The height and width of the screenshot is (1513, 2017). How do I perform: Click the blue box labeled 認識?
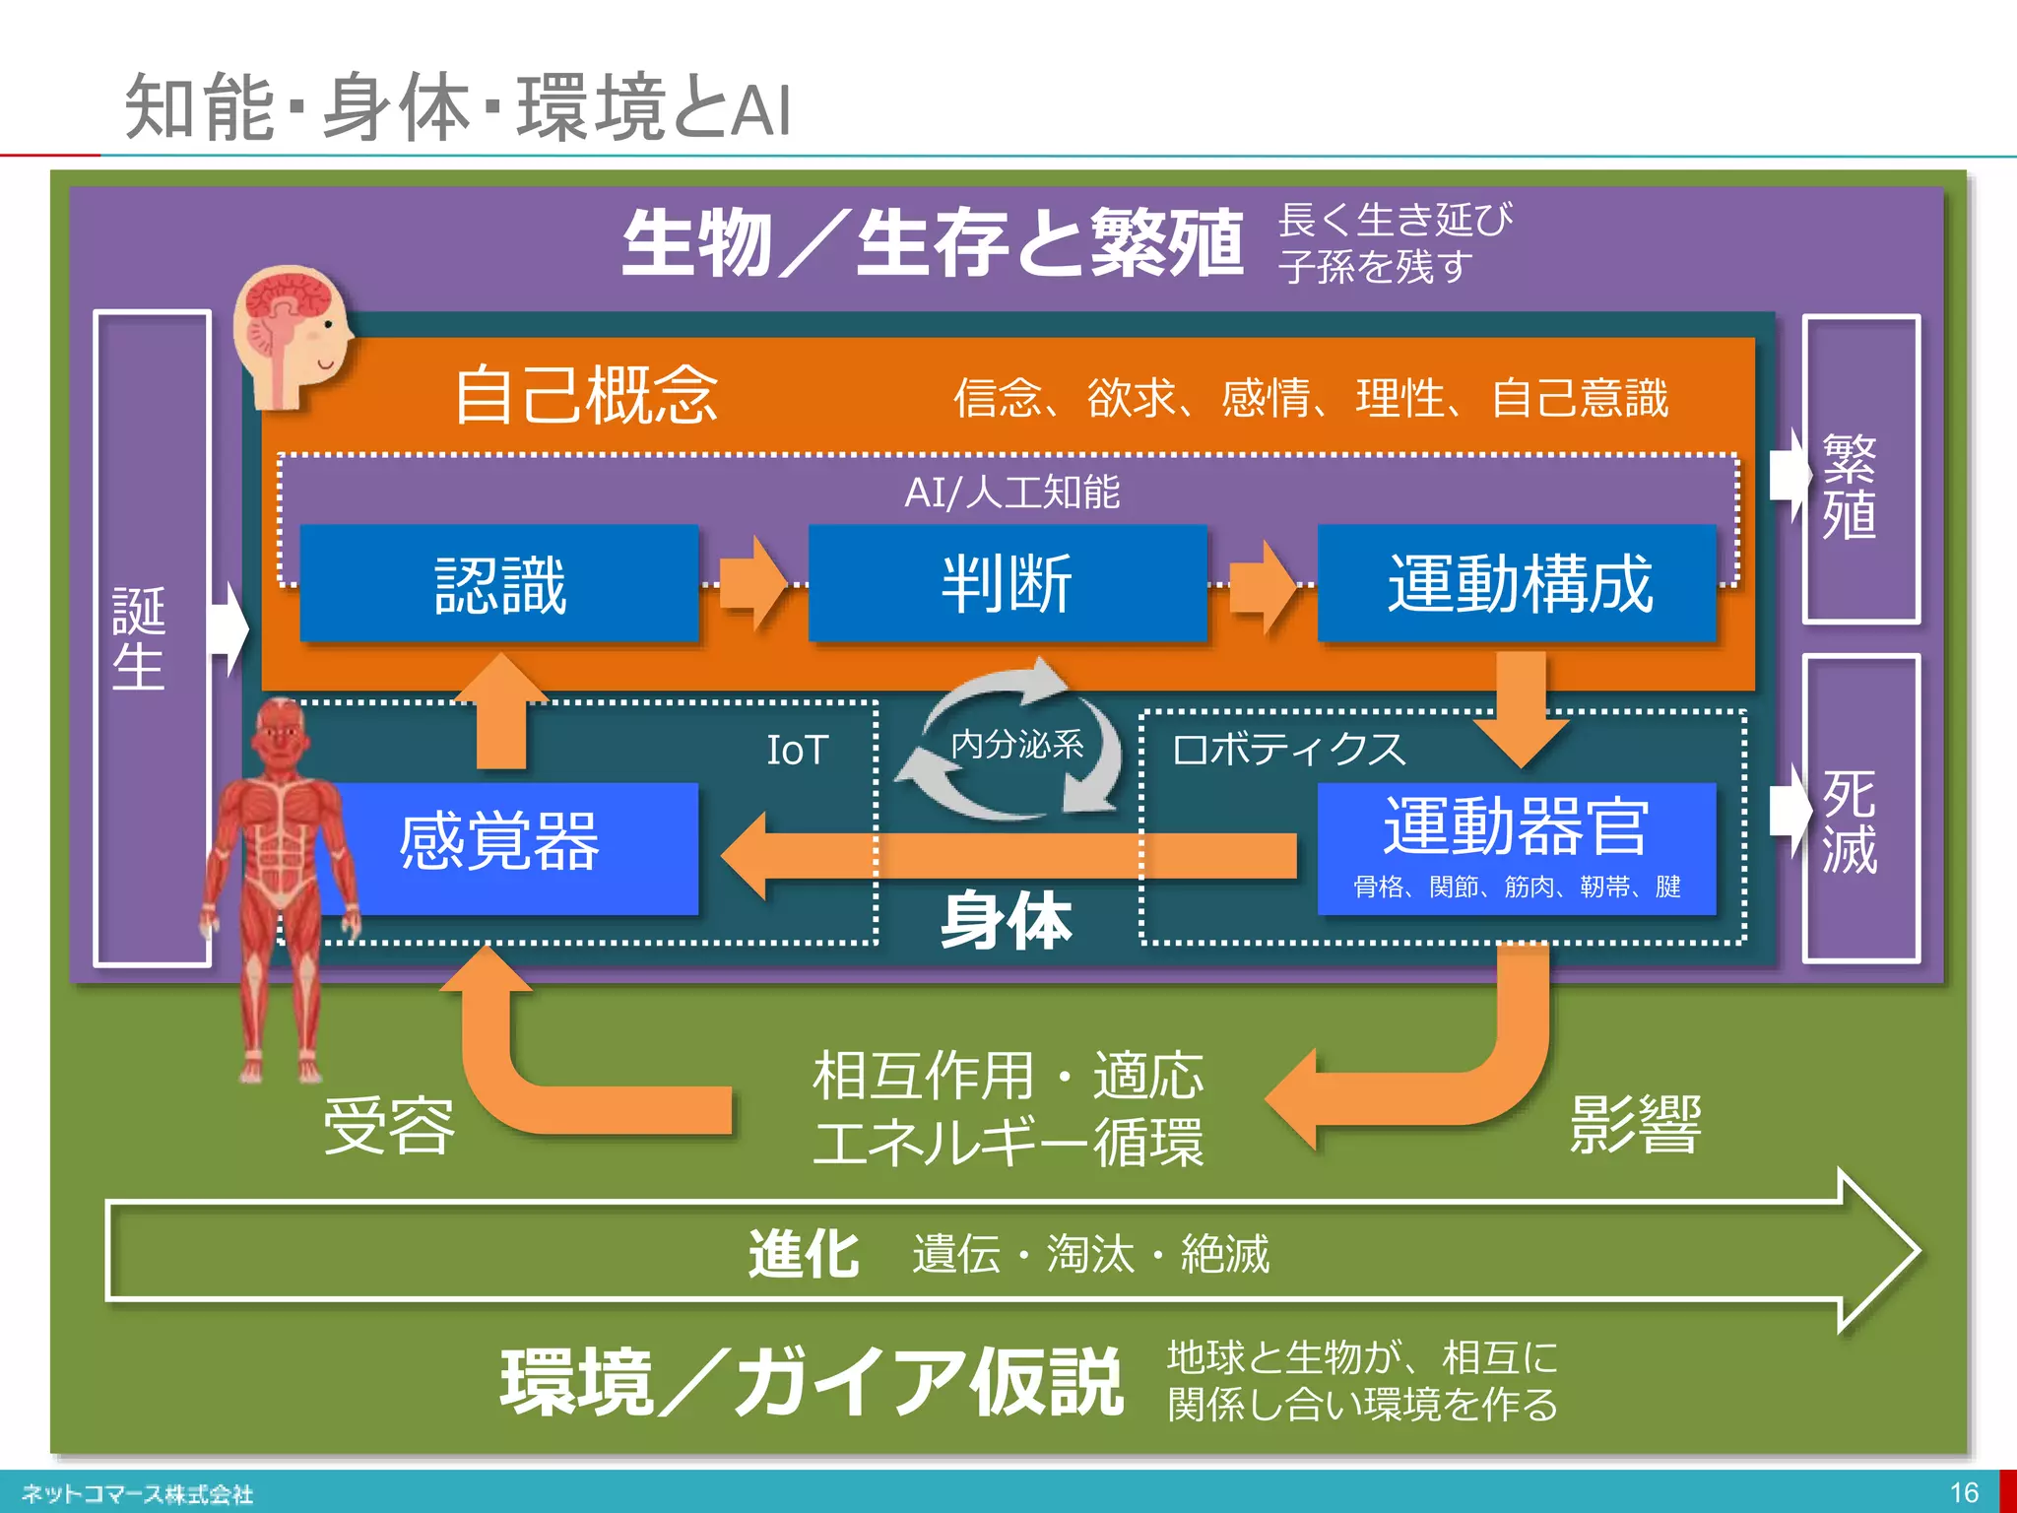pos(499,584)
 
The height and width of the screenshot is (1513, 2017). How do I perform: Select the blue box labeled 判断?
pos(1007,584)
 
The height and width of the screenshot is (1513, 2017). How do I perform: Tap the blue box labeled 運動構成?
pos(1517,584)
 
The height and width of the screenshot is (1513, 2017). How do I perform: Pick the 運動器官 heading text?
pos(1517,826)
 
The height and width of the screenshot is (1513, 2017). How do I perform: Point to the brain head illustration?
pos(292,335)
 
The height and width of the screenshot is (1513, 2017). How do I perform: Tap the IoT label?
pos(797,751)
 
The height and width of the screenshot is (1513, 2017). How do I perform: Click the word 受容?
pos(390,1125)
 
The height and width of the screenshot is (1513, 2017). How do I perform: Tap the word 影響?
pos(1635,1123)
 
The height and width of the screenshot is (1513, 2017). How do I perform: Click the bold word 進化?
pos(803,1254)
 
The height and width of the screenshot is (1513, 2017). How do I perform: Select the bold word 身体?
pos(1006,921)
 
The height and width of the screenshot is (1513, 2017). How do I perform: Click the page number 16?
pos(1963,1492)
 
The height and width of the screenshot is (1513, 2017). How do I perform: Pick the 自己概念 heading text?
pos(587,396)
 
